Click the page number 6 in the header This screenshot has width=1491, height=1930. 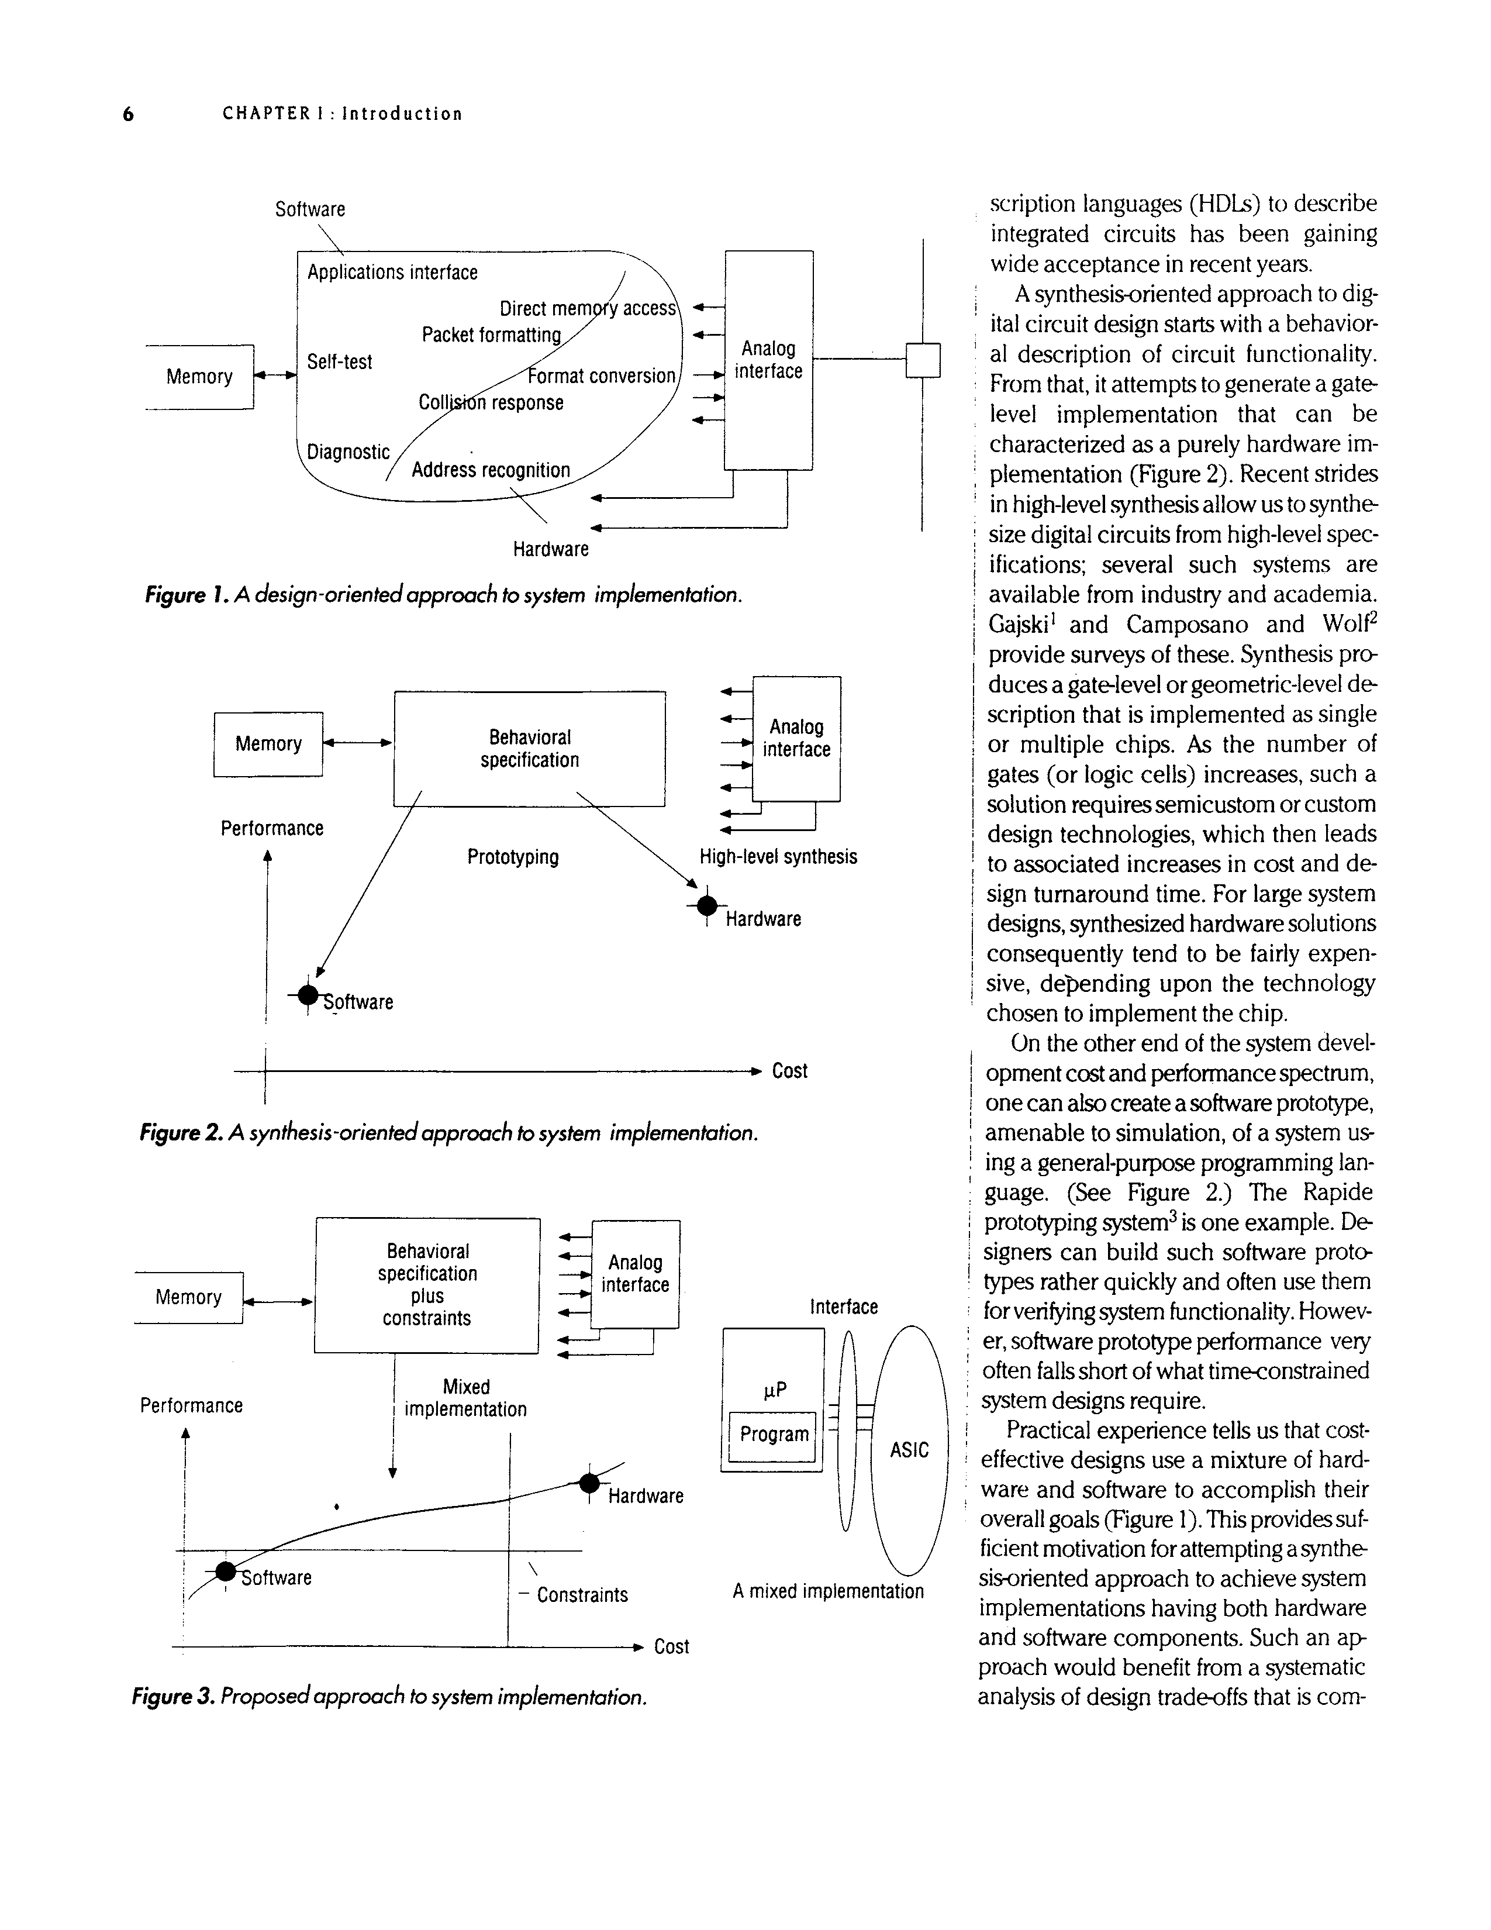(x=128, y=114)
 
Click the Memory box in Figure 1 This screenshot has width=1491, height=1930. (x=199, y=377)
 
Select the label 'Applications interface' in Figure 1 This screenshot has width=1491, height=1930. (x=392, y=272)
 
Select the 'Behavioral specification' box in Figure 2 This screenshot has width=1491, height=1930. (x=529, y=749)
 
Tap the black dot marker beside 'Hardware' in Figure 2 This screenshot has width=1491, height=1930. (x=707, y=906)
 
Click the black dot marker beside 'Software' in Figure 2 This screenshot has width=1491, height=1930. (x=308, y=996)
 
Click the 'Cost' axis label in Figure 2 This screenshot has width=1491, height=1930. (x=790, y=1071)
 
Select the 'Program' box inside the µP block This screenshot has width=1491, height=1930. (x=774, y=1433)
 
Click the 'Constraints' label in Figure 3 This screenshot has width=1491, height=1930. (x=582, y=1595)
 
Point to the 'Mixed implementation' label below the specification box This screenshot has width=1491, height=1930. (x=465, y=1398)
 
